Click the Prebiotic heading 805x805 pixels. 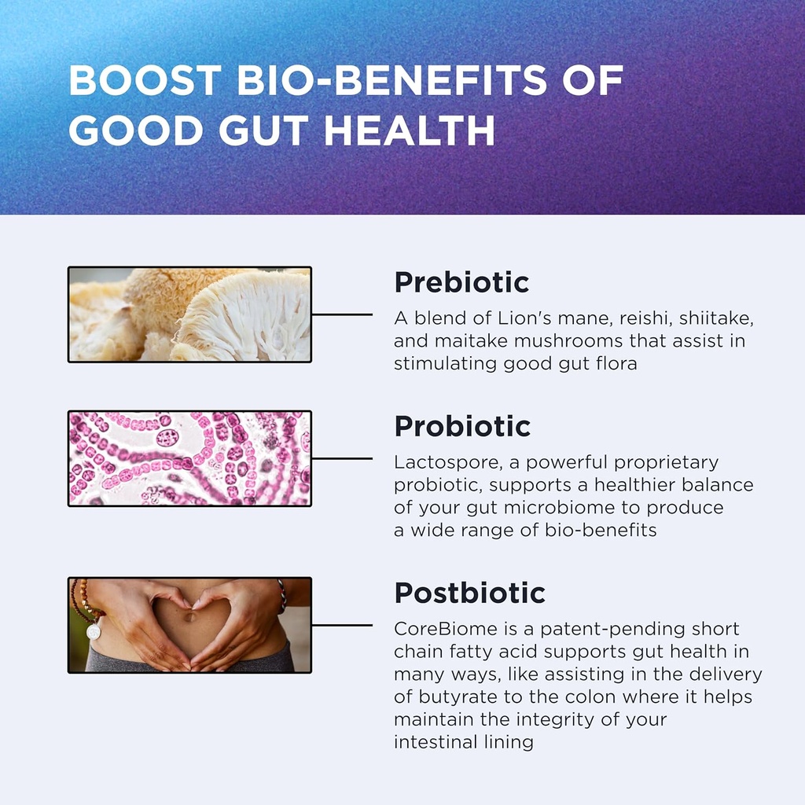(461, 282)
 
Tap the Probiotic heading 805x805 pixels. (462, 426)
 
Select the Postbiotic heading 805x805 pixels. (469, 593)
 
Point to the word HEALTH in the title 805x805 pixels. (410, 130)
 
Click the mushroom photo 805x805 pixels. (189, 314)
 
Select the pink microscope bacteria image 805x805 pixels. (189, 458)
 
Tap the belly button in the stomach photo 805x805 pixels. (190, 616)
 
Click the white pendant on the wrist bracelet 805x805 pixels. (94, 631)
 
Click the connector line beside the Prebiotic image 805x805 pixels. (342, 314)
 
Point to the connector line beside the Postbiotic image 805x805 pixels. (342, 626)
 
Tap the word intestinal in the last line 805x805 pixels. (436, 742)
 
